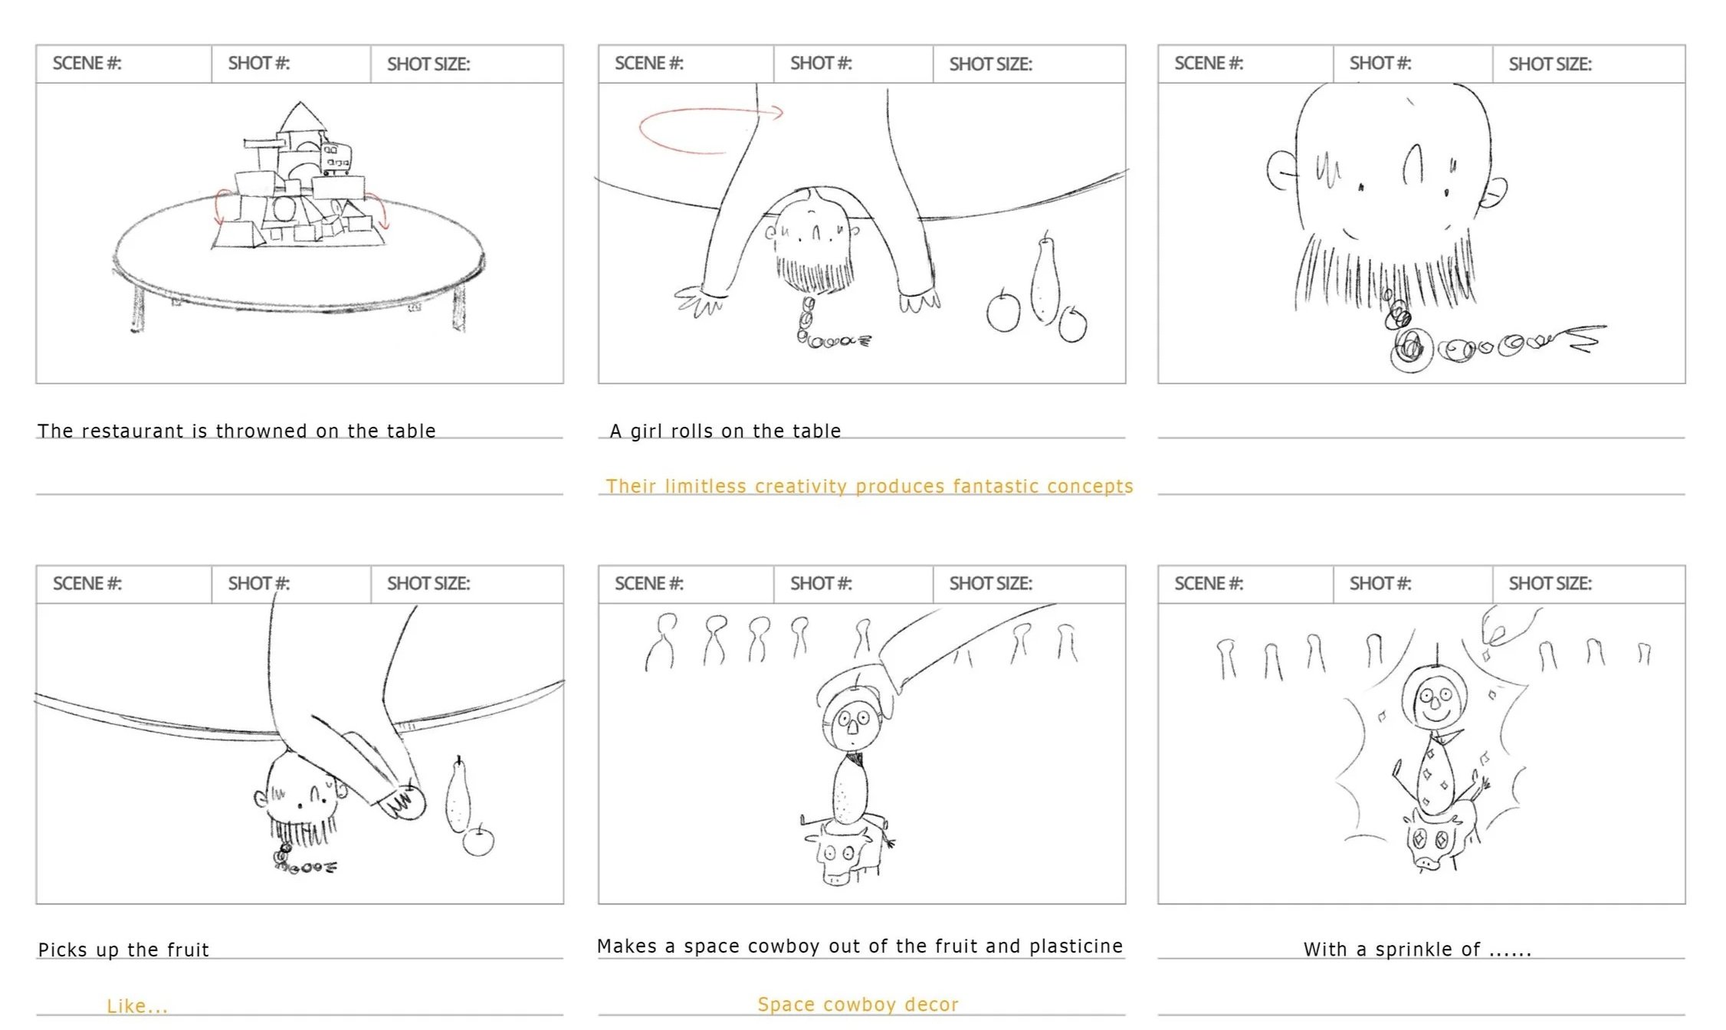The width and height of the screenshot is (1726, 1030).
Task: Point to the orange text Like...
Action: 136,1005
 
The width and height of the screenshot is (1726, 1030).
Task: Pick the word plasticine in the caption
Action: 1076,947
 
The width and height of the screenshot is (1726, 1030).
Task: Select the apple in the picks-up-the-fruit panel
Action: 478,841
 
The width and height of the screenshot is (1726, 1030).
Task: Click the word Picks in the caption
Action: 64,950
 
